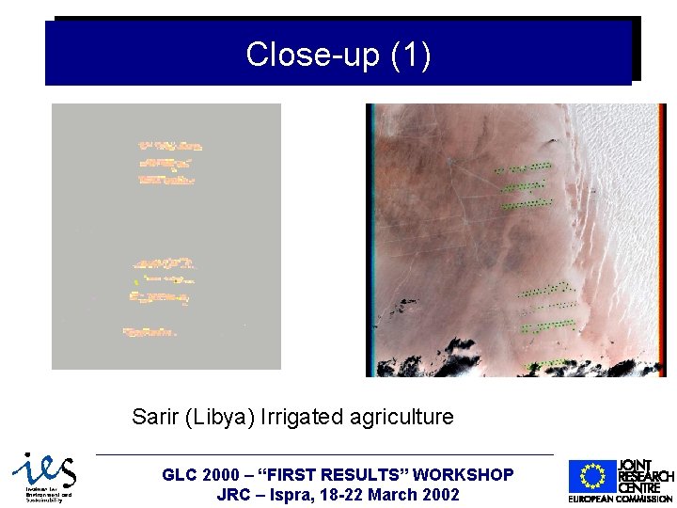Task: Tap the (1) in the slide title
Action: (x=410, y=55)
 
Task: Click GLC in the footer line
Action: (x=181, y=476)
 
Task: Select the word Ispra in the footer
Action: (x=302, y=495)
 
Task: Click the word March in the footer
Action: (x=391, y=495)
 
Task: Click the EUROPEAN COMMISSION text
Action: (x=621, y=499)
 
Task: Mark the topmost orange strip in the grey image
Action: (x=169, y=146)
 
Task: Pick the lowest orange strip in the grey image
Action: (x=150, y=331)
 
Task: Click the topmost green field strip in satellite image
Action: (x=523, y=167)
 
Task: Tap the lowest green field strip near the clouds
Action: (x=544, y=364)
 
